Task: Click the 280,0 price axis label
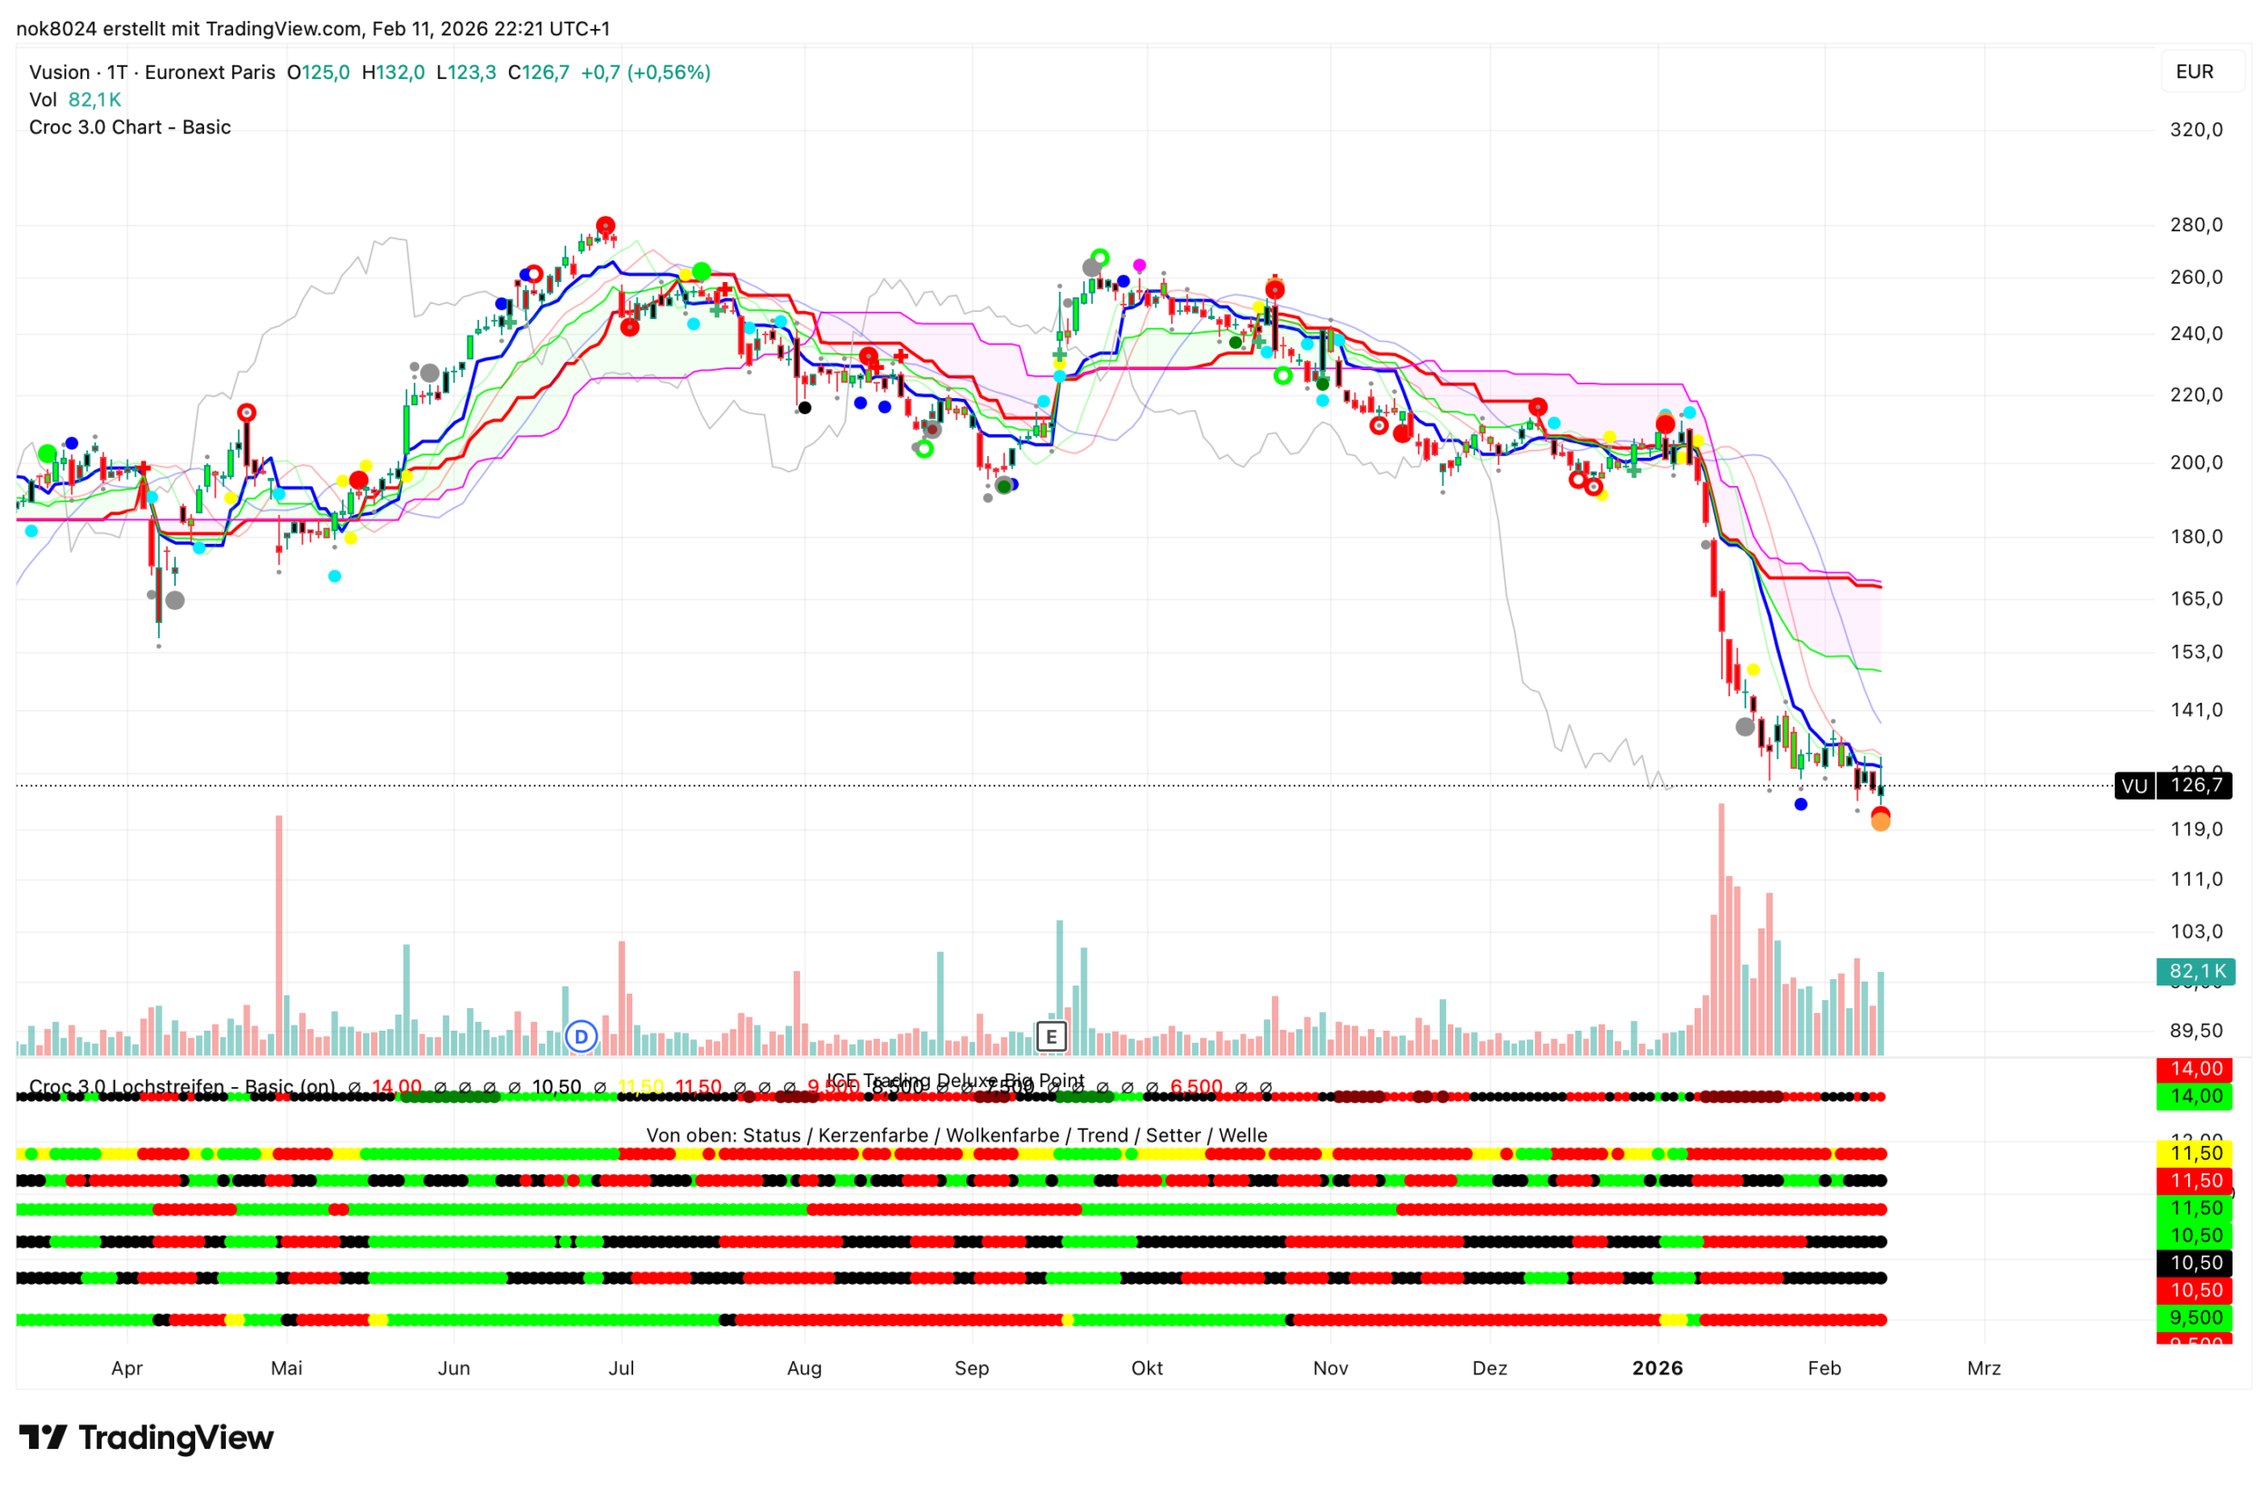(x=2195, y=225)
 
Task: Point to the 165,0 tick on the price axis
(x=2195, y=598)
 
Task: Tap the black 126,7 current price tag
(x=2195, y=785)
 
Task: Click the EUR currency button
(x=2194, y=72)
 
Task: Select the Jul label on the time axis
(x=621, y=1368)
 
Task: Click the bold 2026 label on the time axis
(x=1657, y=1368)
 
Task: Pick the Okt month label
(x=1147, y=1368)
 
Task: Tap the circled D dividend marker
(x=581, y=1035)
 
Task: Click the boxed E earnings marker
(x=1051, y=1035)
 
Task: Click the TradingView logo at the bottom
(x=147, y=1436)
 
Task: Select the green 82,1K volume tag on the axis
(x=2195, y=972)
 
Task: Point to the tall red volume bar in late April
(x=279, y=934)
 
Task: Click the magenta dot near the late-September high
(x=1139, y=265)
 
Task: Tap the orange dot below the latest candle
(x=1880, y=823)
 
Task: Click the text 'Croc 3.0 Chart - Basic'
(x=130, y=127)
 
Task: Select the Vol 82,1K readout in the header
(x=74, y=99)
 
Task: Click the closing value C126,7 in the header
(x=538, y=73)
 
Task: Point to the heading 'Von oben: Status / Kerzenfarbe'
(x=956, y=1134)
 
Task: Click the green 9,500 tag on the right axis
(x=2195, y=1317)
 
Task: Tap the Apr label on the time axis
(x=127, y=1368)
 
